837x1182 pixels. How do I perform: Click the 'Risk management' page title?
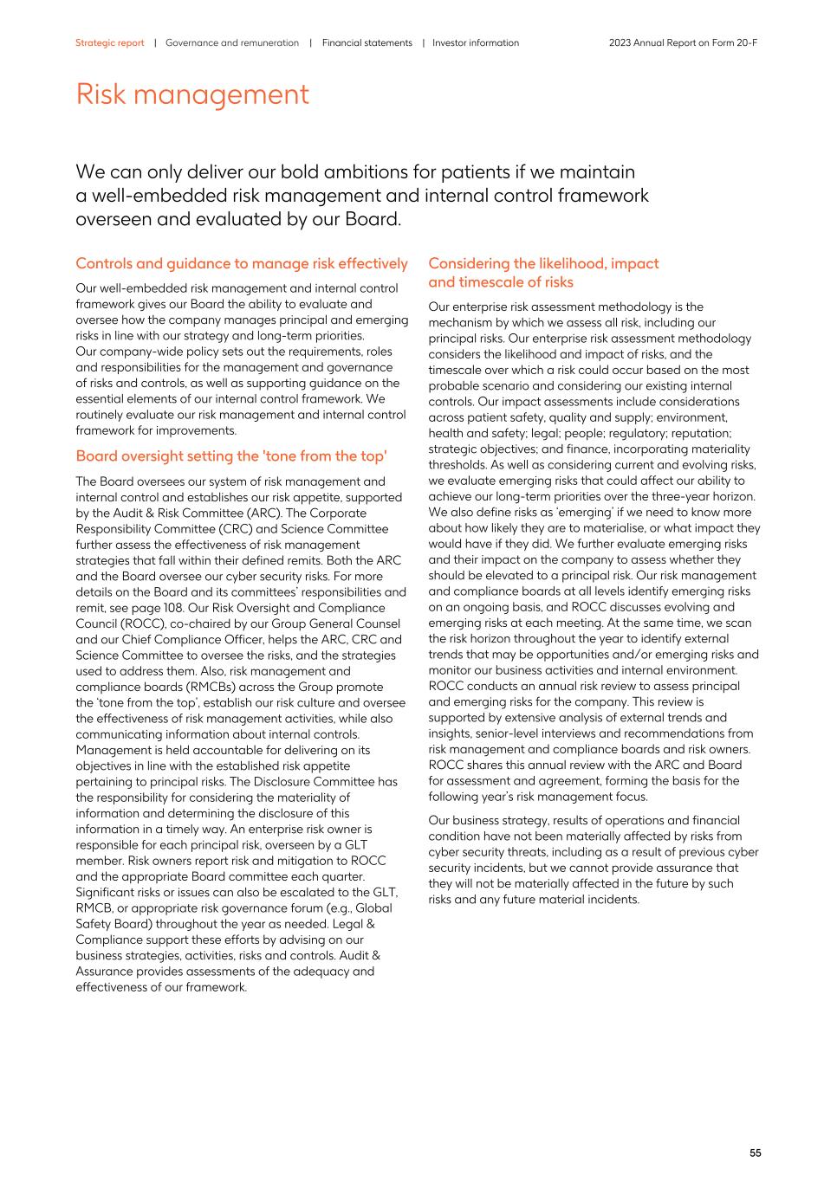[x=192, y=94]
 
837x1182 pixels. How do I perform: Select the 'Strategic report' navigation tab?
[x=109, y=42]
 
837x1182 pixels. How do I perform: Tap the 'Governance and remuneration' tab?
[x=231, y=42]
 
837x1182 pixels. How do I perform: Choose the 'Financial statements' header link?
[x=367, y=42]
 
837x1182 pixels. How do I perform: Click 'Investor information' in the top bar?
[x=476, y=42]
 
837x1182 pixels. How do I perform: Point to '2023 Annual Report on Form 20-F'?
[x=683, y=42]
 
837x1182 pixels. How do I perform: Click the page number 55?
[x=755, y=1153]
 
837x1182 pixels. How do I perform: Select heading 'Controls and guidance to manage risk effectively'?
[x=241, y=263]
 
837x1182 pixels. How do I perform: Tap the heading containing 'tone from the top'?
[x=230, y=456]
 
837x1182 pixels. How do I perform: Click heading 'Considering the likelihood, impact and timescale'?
[x=543, y=272]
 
